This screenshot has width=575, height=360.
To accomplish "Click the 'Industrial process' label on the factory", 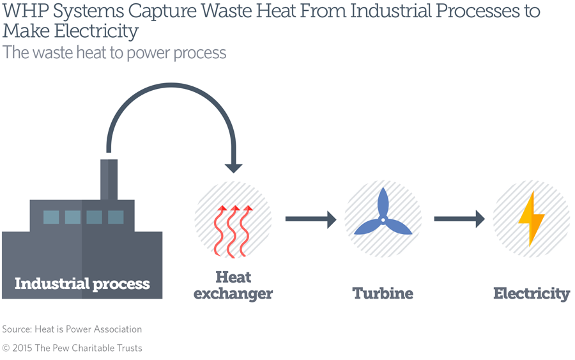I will tap(82, 283).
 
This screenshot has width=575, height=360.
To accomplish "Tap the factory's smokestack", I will tap(109, 179).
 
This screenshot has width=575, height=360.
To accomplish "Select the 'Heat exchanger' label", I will tap(233, 286).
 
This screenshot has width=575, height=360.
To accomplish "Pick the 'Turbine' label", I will tap(382, 293).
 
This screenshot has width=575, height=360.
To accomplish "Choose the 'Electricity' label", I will tap(531, 293).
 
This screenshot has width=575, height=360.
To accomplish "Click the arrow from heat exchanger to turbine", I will tap(310, 219).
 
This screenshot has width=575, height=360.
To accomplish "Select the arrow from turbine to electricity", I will tap(459, 219).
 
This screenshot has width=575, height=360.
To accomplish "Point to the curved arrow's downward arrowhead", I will tap(234, 167).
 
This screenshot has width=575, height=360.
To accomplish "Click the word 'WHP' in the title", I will tap(24, 12).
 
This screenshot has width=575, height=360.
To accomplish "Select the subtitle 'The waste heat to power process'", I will tap(114, 52).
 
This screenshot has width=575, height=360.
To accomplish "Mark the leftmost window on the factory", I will tap(51, 217).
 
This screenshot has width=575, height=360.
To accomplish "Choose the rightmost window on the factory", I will tap(116, 217).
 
